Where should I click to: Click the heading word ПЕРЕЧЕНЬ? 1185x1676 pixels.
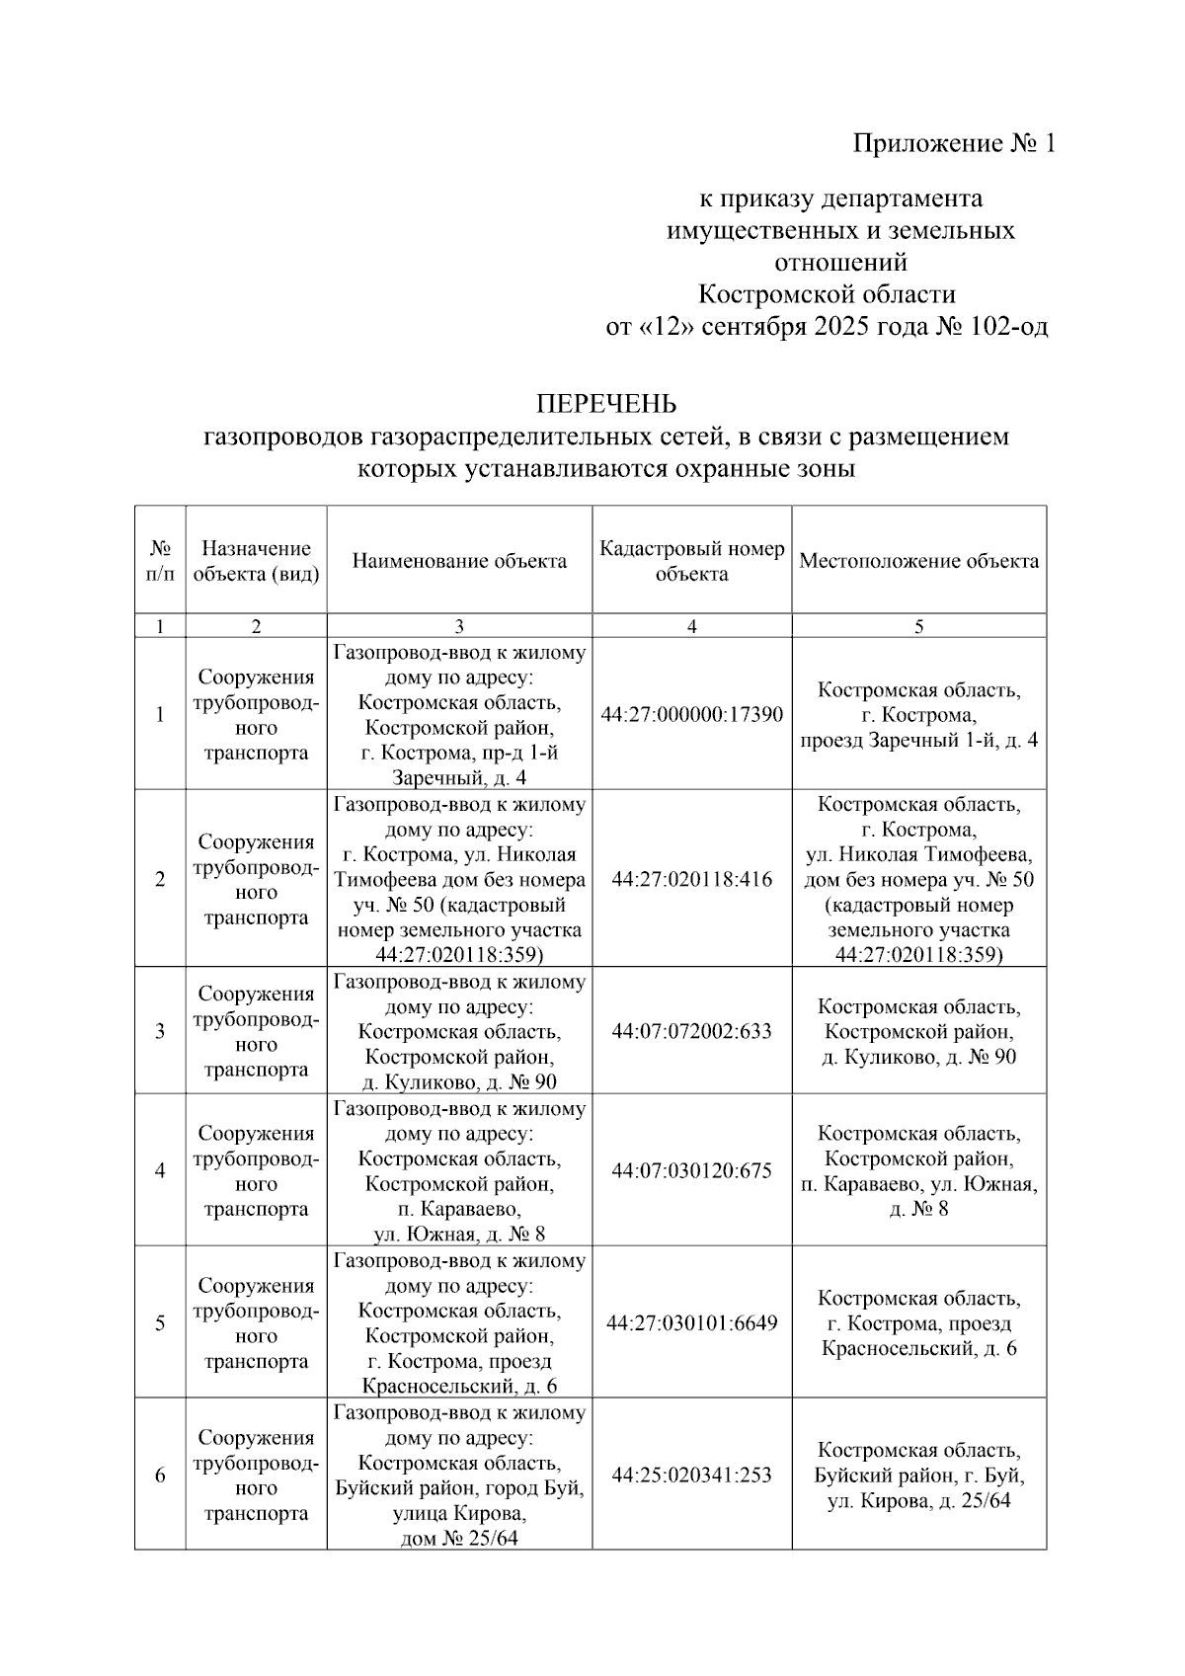pyautogui.click(x=605, y=404)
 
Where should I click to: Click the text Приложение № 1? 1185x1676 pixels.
pyautogui.click(x=954, y=144)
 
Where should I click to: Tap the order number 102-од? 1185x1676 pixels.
pyautogui.click(x=1008, y=327)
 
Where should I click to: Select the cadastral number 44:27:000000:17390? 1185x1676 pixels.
pyautogui.click(x=691, y=715)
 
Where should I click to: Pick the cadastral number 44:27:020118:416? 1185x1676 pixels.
pyautogui.click(x=691, y=879)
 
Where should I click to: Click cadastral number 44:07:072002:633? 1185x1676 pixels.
pyautogui.click(x=691, y=1031)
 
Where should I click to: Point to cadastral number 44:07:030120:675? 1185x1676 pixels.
pyautogui.click(x=691, y=1170)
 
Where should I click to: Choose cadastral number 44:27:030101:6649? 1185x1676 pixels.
pyautogui.click(x=691, y=1322)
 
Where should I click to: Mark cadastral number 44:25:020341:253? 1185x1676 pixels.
pyautogui.click(x=691, y=1475)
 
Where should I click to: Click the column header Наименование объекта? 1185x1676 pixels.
pyautogui.click(x=459, y=561)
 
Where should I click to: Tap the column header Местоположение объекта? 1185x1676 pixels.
pyautogui.click(x=918, y=561)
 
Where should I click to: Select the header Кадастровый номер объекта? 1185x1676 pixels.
pyautogui.click(x=691, y=561)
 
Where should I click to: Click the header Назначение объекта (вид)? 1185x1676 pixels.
pyautogui.click(x=256, y=561)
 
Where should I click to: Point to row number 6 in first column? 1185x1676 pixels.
pyautogui.click(x=160, y=1475)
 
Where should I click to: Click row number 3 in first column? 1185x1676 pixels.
pyautogui.click(x=160, y=1031)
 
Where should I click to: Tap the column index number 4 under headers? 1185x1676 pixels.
pyautogui.click(x=691, y=626)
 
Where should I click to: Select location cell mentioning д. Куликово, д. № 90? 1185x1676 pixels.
pyautogui.click(x=918, y=1032)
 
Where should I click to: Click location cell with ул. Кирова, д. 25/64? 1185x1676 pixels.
pyautogui.click(x=918, y=1476)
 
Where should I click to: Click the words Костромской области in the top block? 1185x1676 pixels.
pyautogui.click(x=827, y=294)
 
